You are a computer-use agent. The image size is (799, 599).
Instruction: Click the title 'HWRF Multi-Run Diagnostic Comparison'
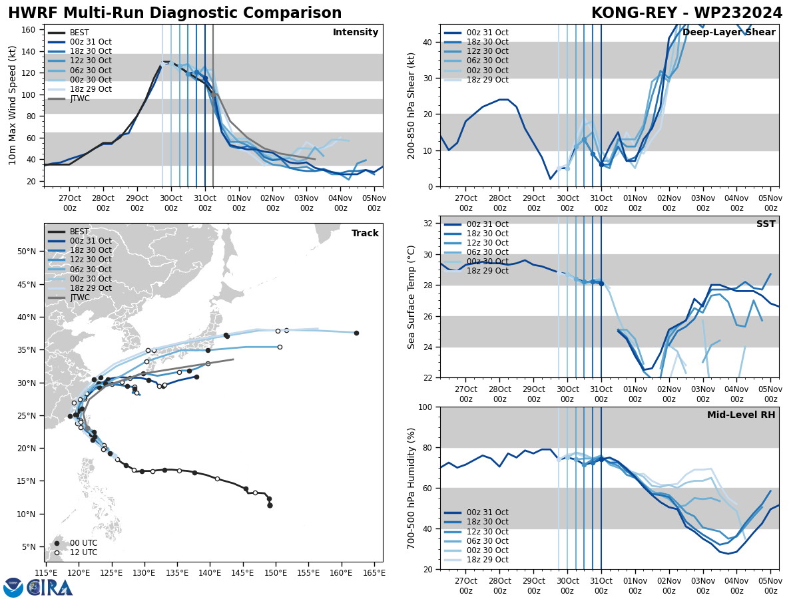(174, 13)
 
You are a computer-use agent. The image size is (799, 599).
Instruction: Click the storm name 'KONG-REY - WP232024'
(686, 13)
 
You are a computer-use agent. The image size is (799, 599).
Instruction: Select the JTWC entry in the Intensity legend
(79, 99)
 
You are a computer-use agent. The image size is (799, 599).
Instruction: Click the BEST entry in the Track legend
(79, 232)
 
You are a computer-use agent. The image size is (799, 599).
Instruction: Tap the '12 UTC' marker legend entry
(83, 552)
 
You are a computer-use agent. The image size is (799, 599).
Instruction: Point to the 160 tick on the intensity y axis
(30, 29)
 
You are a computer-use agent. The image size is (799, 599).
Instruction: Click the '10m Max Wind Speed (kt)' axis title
(13, 105)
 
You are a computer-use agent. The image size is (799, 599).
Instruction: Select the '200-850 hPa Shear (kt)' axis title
(411, 105)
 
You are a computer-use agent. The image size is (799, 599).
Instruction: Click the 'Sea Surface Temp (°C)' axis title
(411, 297)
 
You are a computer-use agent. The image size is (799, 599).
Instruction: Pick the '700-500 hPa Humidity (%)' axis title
(411, 488)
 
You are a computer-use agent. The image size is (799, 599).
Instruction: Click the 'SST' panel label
(766, 224)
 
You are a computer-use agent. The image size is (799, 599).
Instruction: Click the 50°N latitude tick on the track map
(27, 251)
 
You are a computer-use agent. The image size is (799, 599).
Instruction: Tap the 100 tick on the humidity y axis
(425, 407)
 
